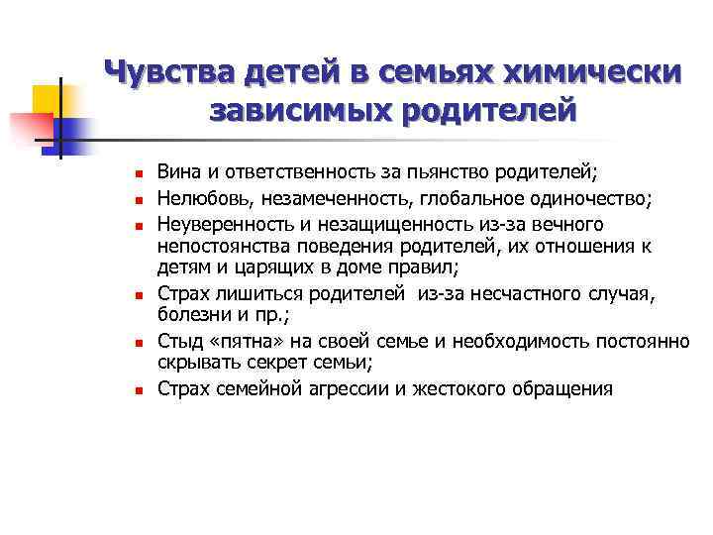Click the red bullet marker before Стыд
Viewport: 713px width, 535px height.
click(x=140, y=342)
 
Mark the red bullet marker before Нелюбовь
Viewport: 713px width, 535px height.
click(x=140, y=199)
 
